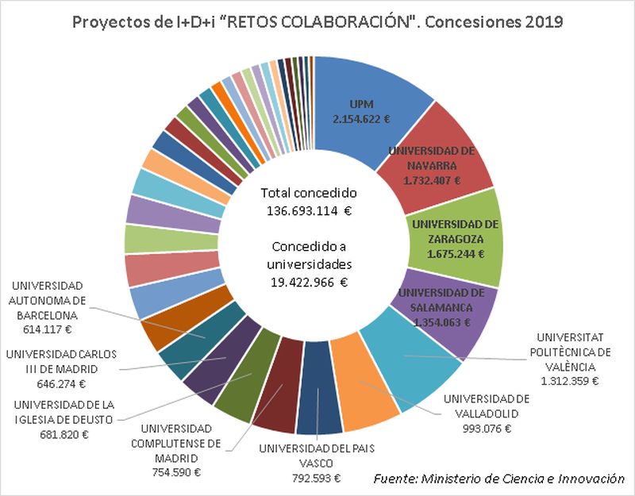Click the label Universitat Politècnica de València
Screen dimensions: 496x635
pyautogui.click(x=575, y=351)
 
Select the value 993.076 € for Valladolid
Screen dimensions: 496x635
pyautogui.click(x=487, y=428)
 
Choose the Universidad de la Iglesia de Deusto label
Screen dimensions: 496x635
pyautogui.click(x=63, y=412)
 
